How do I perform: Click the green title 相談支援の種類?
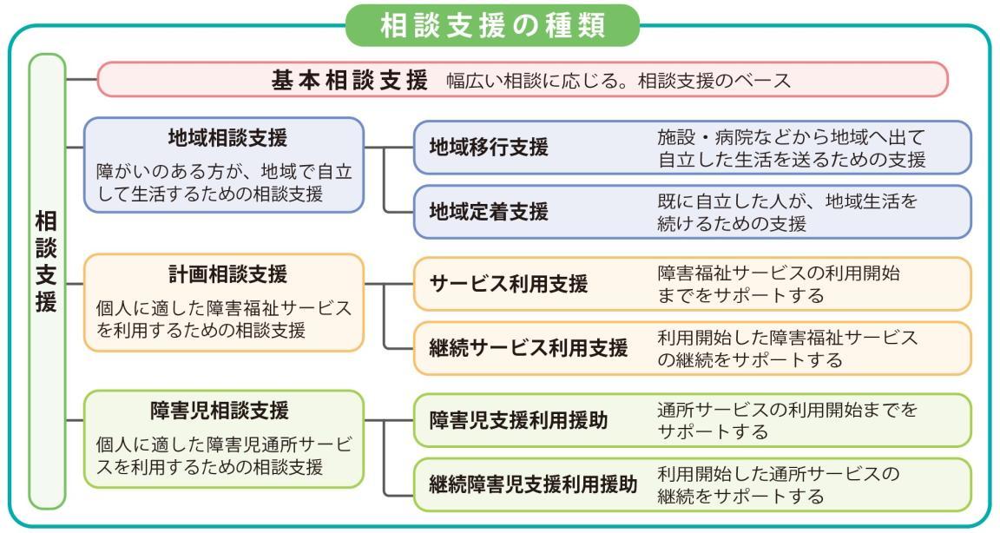[492, 26]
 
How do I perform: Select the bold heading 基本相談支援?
[350, 81]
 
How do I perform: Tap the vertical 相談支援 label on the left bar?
[47, 262]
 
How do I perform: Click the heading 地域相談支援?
[227, 138]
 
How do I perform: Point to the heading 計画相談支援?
[227, 274]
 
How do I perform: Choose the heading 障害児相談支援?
[220, 411]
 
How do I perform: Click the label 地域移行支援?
[489, 148]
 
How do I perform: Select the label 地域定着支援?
[489, 212]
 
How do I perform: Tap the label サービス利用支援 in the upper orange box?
[509, 284]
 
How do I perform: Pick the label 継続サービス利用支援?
[528, 348]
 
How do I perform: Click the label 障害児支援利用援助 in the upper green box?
[518, 421]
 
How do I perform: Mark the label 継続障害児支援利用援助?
[533, 485]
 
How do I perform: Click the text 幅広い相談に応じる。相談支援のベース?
[619, 81]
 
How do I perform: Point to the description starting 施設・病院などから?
[792, 148]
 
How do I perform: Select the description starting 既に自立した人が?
[787, 213]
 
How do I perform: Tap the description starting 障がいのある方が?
[224, 182]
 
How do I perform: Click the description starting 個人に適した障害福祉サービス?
[224, 319]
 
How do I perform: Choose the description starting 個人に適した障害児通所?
[224, 455]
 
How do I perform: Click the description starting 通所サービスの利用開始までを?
[787, 421]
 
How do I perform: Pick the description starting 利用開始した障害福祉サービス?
[787, 349]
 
